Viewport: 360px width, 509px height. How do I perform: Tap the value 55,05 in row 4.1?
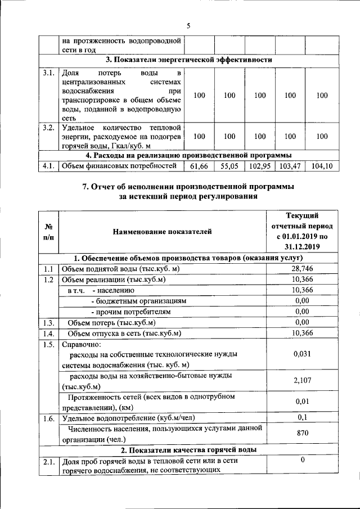(229, 166)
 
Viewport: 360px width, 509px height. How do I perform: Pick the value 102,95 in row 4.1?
(260, 166)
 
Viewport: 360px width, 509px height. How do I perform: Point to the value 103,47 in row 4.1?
(290, 166)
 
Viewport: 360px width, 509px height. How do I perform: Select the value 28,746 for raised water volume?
(302, 269)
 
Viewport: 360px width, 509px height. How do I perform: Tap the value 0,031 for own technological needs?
(302, 354)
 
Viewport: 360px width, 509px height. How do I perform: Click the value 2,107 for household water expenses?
(302, 381)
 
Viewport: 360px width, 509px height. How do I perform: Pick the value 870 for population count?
(302, 434)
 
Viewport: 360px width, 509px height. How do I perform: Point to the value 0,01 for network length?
(302, 402)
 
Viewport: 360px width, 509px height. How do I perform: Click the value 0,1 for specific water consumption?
(302, 418)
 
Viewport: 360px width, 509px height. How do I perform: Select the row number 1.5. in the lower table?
(48, 344)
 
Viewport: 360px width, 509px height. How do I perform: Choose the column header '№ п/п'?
(48, 231)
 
